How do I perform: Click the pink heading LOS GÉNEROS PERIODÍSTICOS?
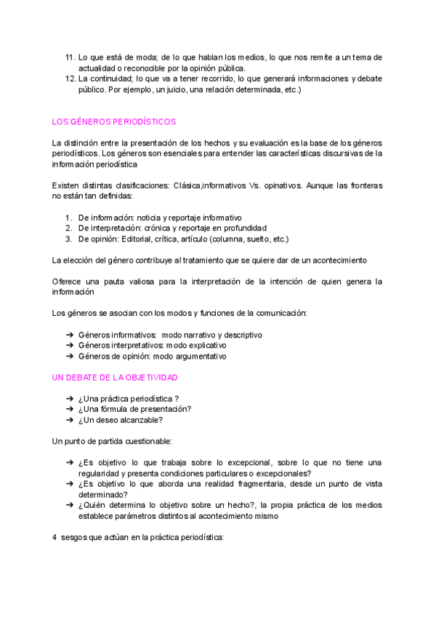(114, 122)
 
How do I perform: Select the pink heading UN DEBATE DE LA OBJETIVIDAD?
(115, 378)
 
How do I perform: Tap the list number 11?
(70, 57)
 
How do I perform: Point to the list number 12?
(70, 79)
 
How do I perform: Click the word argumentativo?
(198, 357)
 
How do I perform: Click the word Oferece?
(70, 281)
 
